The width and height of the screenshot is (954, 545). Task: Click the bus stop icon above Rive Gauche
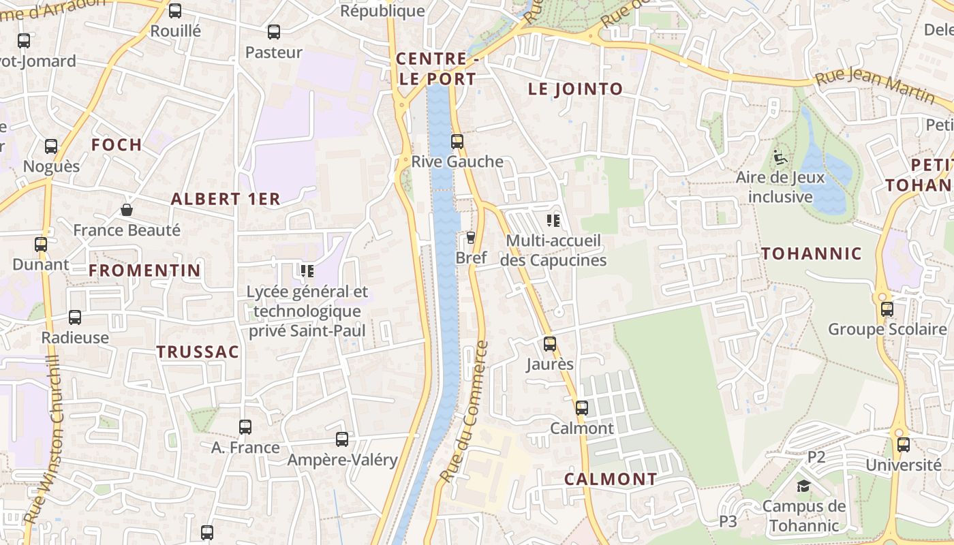pyautogui.click(x=457, y=142)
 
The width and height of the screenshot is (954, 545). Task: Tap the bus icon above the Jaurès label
pyautogui.click(x=550, y=344)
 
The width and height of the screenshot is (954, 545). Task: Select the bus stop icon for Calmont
pyautogui.click(x=581, y=408)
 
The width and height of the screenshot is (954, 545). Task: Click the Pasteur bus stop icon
pyautogui.click(x=274, y=32)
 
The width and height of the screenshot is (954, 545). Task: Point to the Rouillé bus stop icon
pyautogui.click(x=175, y=11)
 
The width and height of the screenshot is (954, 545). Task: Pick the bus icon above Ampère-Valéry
pyautogui.click(x=342, y=439)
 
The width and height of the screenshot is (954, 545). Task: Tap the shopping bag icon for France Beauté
pyautogui.click(x=127, y=210)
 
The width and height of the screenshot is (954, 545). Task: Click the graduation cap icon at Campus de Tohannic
pyautogui.click(x=804, y=486)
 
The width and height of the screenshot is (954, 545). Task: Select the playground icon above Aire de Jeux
pyautogui.click(x=780, y=157)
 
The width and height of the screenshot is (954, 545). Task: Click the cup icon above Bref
pyautogui.click(x=470, y=237)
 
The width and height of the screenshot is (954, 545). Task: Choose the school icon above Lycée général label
pyautogui.click(x=307, y=271)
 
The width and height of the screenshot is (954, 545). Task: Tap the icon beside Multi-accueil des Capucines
pyautogui.click(x=553, y=220)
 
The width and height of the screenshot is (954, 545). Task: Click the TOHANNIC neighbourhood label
pyautogui.click(x=811, y=254)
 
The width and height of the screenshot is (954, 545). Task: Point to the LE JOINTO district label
pyautogui.click(x=576, y=89)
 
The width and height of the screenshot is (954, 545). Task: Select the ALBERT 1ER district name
pyautogui.click(x=226, y=199)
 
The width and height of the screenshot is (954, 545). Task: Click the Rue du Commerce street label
pyautogui.click(x=465, y=411)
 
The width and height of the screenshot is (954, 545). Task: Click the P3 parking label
pyautogui.click(x=728, y=522)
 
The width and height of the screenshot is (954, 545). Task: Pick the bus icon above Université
pyautogui.click(x=904, y=445)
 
